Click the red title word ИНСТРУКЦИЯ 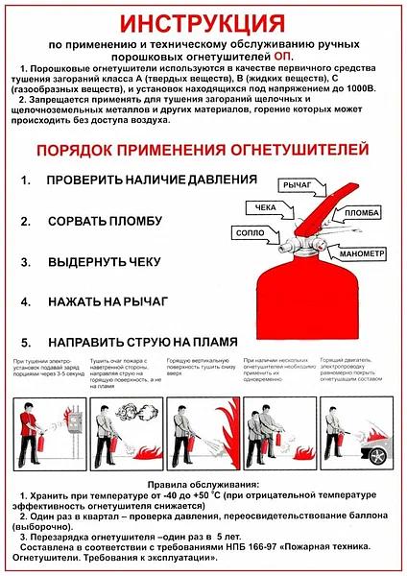point(203,22)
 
